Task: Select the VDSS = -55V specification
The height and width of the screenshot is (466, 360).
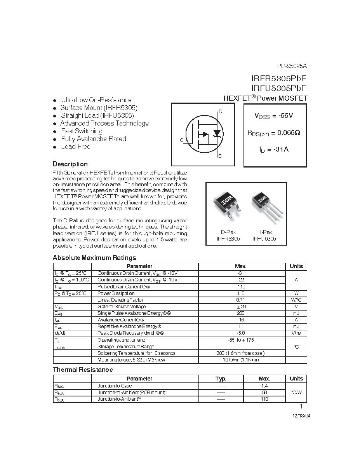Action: click(273, 115)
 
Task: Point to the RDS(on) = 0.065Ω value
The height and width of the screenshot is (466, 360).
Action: click(273, 133)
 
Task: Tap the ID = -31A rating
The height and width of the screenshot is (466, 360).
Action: click(274, 149)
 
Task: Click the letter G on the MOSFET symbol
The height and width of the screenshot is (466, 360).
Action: click(181, 140)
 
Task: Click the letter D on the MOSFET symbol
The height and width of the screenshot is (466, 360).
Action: click(220, 112)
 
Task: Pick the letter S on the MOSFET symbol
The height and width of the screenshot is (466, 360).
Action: click(220, 156)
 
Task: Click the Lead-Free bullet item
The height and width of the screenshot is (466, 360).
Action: click(75, 147)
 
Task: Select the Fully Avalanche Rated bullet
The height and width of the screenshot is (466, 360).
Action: click(93, 139)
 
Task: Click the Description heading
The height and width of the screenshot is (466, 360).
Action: click(70, 164)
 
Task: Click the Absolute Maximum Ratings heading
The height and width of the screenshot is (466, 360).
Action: click(94, 258)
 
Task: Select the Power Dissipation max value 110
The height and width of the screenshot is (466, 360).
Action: click(241, 293)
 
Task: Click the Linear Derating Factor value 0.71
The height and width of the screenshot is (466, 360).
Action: click(241, 300)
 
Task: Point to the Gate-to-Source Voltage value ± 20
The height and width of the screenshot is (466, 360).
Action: click(241, 306)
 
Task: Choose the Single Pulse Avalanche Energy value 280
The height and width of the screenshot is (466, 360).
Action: click(241, 313)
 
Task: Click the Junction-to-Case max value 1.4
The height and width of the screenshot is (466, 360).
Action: click(264, 386)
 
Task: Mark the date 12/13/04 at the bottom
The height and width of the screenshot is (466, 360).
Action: click(301, 415)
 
